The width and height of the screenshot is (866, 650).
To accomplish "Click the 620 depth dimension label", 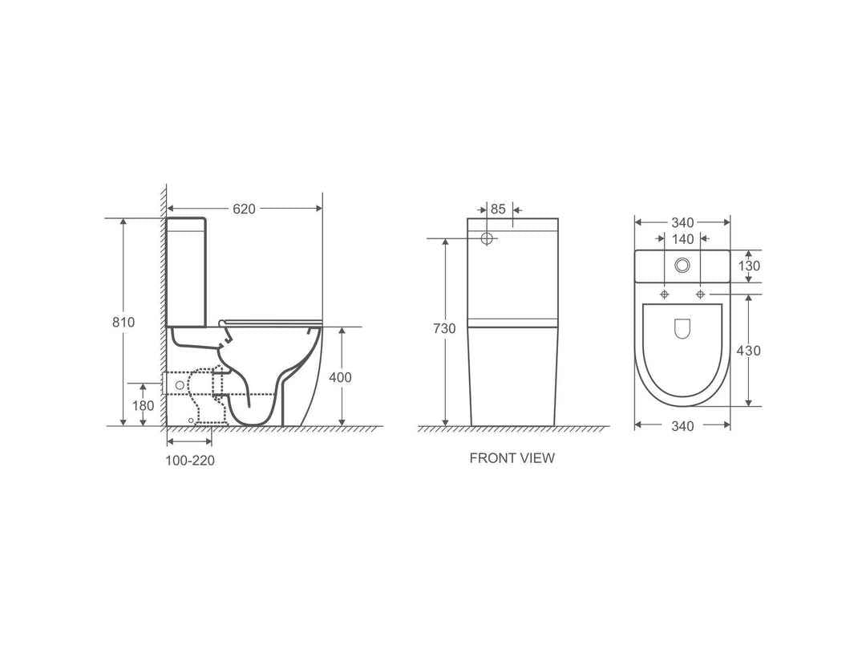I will click(x=244, y=209).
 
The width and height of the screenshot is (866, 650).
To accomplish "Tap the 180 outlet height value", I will click(x=143, y=406).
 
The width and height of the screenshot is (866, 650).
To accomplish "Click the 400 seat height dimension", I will click(x=341, y=377).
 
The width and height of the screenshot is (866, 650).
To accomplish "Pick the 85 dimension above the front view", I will click(x=498, y=209).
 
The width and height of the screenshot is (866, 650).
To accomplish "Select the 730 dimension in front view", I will click(x=443, y=328).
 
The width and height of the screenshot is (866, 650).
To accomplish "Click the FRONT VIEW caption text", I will click(x=512, y=458).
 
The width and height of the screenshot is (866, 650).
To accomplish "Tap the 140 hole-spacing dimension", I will click(x=682, y=239).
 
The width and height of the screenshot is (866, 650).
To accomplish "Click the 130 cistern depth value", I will click(x=749, y=266).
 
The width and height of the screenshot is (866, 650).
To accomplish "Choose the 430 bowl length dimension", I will click(x=749, y=351).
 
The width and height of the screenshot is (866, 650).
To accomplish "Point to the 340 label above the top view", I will click(x=682, y=222).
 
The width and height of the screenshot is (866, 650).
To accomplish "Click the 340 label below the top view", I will click(x=682, y=426).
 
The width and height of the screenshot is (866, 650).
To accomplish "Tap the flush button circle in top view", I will click(x=682, y=265).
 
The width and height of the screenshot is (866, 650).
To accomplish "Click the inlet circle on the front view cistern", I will click(x=487, y=239).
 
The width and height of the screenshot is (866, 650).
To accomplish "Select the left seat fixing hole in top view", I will click(x=664, y=295).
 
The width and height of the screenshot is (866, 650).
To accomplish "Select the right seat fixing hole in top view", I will click(x=701, y=295).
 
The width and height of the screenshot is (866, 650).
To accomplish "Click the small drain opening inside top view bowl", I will click(x=682, y=328).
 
